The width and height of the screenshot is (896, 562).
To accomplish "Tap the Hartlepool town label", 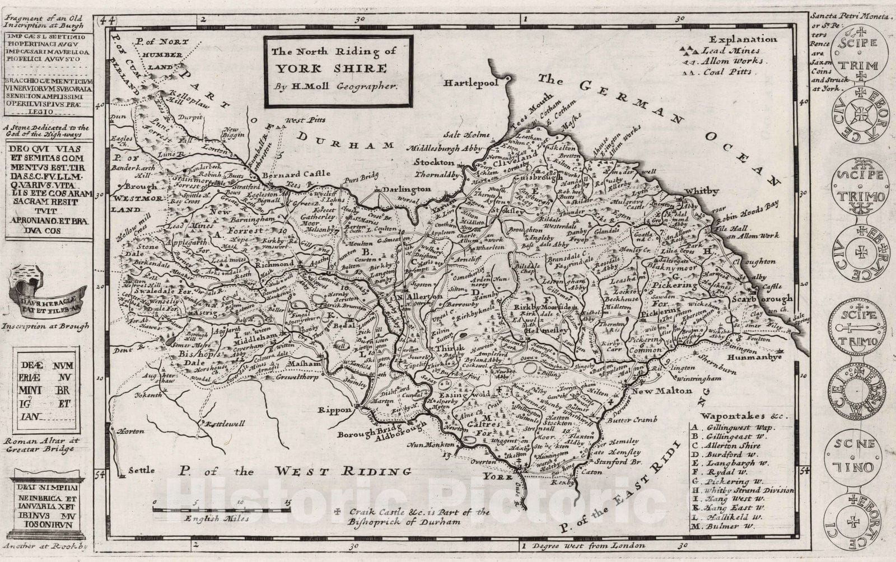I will point(471,83).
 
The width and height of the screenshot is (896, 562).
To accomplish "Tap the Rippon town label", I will point(334,410).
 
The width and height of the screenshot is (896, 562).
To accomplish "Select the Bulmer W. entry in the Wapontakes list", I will point(725,526).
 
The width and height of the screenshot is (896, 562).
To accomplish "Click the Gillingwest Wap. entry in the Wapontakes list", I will point(731,427).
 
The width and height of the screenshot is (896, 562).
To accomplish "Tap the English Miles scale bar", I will point(222,509).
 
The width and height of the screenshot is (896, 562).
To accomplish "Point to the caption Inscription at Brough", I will point(46,326).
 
